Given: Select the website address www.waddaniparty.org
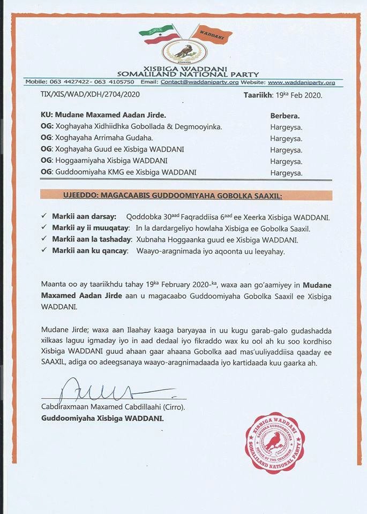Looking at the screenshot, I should tap(301, 82).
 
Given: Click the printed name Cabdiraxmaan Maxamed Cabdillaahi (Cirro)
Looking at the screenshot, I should tap(113, 408).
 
